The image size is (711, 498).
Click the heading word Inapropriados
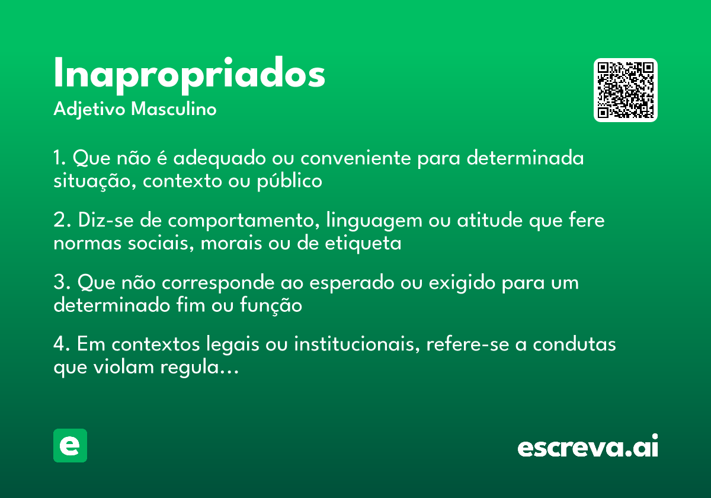click(x=189, y=75)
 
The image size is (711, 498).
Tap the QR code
click(x=626, y=90)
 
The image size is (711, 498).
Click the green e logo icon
click(x=70, y=445)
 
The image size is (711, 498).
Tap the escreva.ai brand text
click(x=588, y=446)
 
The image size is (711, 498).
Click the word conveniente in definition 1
click(x=348, y=159)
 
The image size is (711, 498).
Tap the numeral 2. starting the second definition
click(x=62, y=221)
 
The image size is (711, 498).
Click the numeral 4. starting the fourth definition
click(x=62, y=344)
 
